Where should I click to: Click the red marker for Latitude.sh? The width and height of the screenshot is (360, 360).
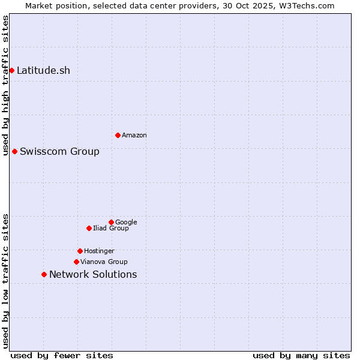(11, 70)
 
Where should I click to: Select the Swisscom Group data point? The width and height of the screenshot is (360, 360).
(14, 151)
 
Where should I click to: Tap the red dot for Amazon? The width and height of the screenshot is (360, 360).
(118, 135)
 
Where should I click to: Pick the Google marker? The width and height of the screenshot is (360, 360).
(111, 222)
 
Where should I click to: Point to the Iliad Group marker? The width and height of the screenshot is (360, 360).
(89, 228)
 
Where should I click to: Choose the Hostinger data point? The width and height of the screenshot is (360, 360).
(80, 251)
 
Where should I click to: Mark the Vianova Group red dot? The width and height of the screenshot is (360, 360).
(76, 262)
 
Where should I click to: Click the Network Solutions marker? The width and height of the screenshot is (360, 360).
(44, 274)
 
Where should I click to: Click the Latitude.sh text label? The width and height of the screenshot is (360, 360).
(43, 70)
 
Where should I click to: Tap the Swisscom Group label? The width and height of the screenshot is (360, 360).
(59, 151)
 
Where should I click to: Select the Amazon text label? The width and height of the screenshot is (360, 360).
(134, 135)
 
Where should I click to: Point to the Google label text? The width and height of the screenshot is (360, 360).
(126, 222)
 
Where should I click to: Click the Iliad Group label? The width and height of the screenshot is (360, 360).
(111, 228)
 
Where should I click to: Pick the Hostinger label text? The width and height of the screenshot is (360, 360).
(99, 251)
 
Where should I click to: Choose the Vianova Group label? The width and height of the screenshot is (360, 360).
(104, 262)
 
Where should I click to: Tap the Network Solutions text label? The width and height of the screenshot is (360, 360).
(93, 274)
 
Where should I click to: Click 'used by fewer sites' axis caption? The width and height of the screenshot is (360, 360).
(62, 355)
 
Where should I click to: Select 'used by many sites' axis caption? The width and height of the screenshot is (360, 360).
(301, 355)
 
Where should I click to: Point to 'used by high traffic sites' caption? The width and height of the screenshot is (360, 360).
(5, 85)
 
